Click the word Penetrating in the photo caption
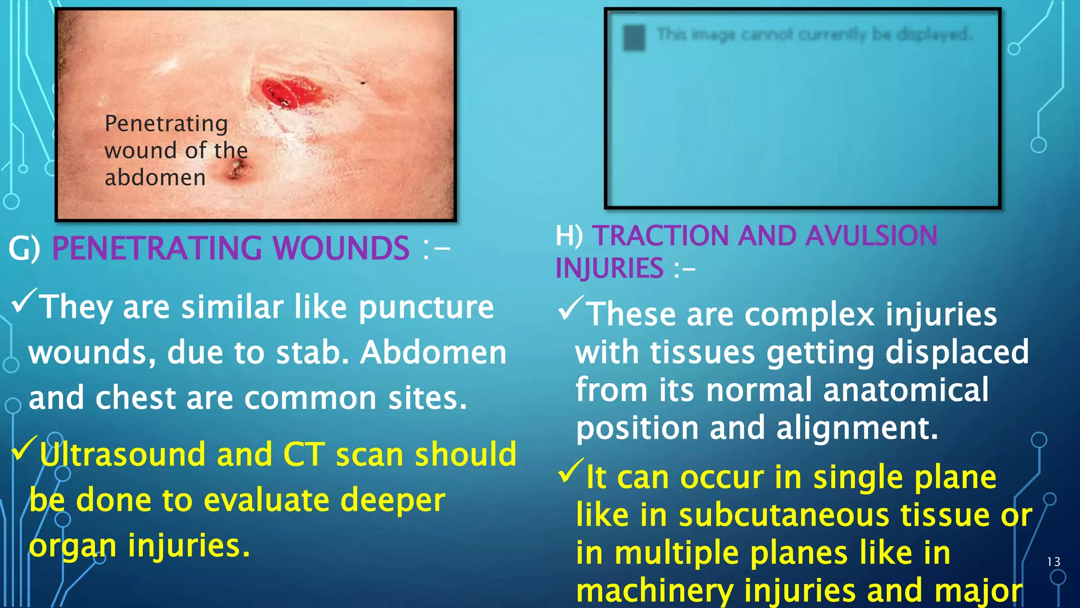[x=166, y=123]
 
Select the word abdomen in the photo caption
[x=155, y=177]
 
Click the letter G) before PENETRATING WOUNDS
[x=24, y=248]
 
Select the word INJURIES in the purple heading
[x=609, y=268]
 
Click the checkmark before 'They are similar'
[x=24, y=300]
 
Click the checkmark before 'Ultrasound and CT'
[x=24, y=448]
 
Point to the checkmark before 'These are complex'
[x=571, y=308]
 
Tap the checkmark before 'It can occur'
[x=571, y=471]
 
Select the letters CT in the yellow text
[x=304, y=454]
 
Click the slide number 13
[x=1054, y=562]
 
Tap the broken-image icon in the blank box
[x=634, y=37]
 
